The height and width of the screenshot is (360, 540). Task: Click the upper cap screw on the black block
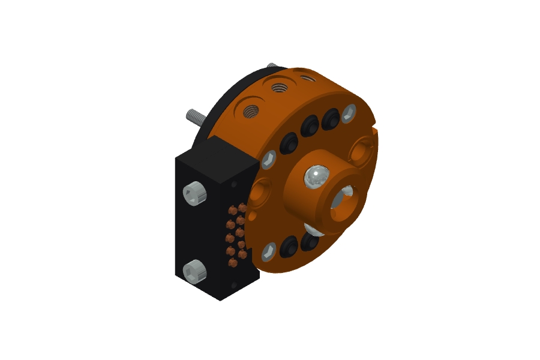pyautogui.click(x=196, y=194)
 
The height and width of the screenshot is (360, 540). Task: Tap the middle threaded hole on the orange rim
pyautogui.click(x=278, y=88)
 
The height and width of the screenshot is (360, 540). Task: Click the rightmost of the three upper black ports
pyautogui.click(x=331, y=118)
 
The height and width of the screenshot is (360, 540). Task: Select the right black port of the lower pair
pyautogui.click(x=310, y=241)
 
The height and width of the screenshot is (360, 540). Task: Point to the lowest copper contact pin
pyautogui.click(x=232, y=262)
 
